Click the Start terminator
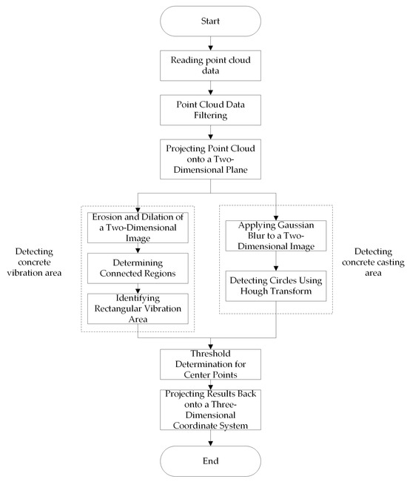coord(210,22)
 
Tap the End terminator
coord(210,461)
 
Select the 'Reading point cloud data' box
coord(210,65)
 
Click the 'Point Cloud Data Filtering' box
coord(210,110)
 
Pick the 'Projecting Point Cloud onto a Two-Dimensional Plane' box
coord(210,159)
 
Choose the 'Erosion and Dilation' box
coord(138,228)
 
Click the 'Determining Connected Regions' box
coord(138,268)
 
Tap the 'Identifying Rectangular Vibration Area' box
coord(138,308)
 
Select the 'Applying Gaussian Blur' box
coord(276,236)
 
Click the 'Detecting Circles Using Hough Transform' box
coord(276,286)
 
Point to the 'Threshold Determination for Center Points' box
coord(210,364)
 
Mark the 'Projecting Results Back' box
coord(210,410)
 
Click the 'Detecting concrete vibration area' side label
coord(34,263)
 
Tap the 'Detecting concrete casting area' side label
coord(373,263)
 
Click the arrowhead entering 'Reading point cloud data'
coord(210,48)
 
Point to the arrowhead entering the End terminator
coord(210,443)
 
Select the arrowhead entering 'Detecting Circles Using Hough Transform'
coord(276,268)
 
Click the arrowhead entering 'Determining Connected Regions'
coord(138,251)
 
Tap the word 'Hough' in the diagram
coord(253,291)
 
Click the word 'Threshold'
coord(210,354)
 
